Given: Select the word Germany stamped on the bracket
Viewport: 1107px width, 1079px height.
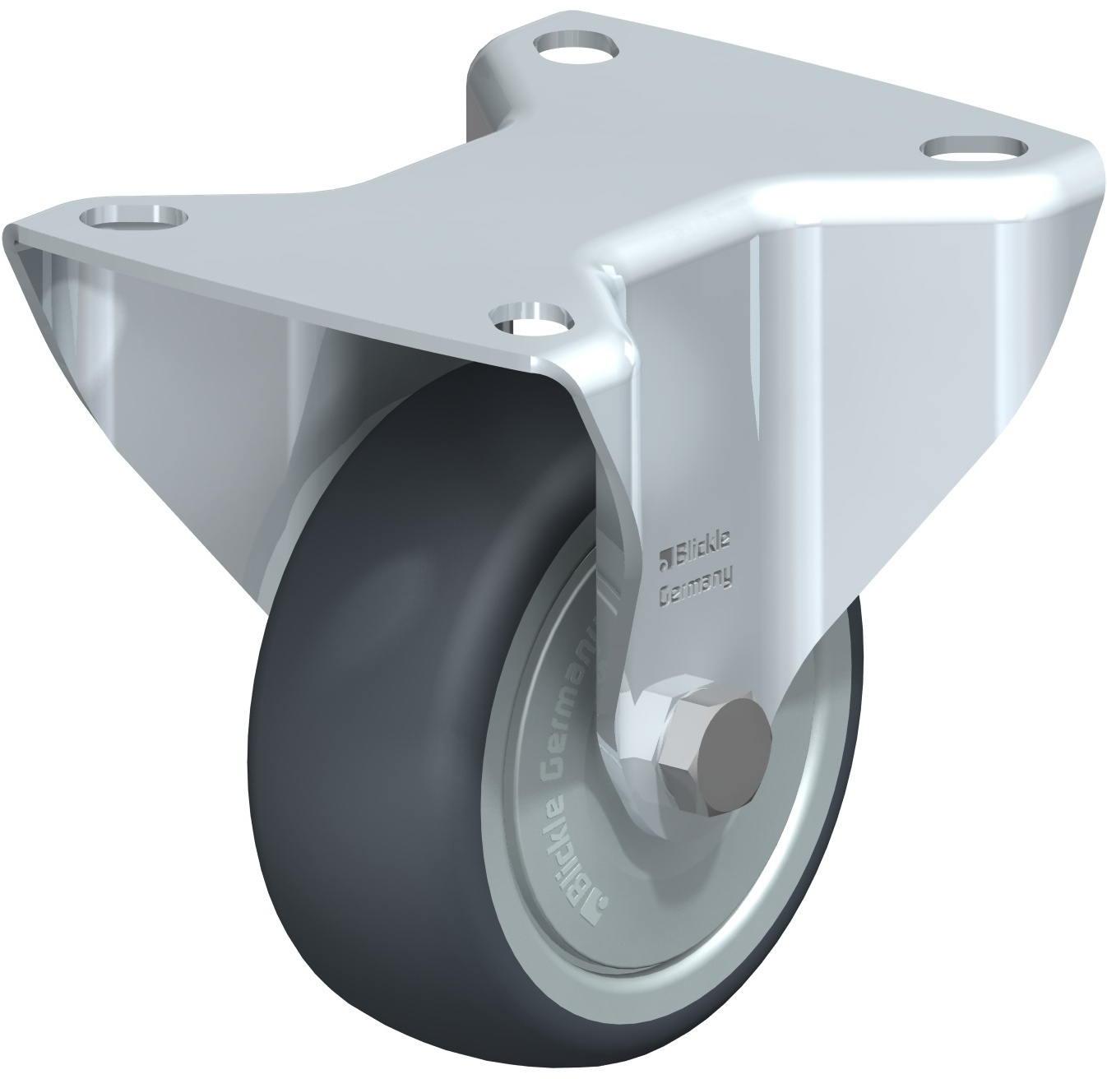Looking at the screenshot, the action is pyautogui.click(x=694, y=592).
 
